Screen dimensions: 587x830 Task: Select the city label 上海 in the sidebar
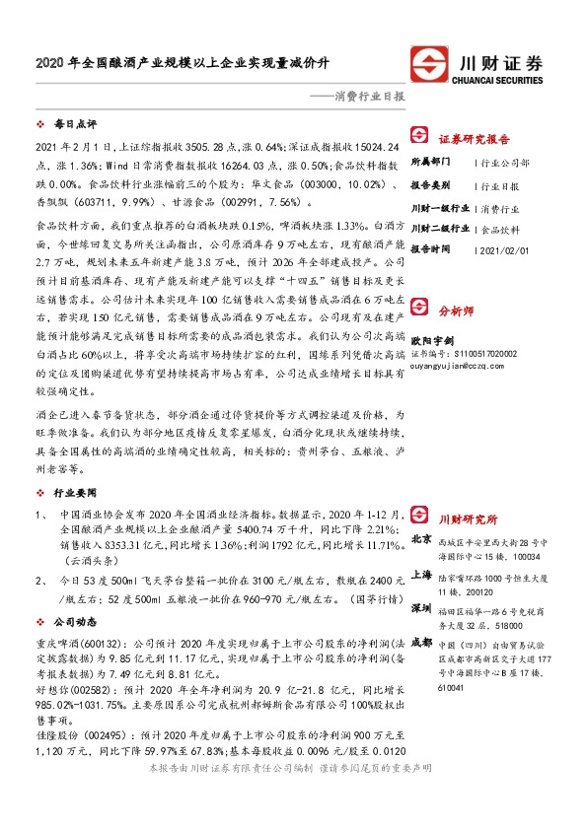point(420,575)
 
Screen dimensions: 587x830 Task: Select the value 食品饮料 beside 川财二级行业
point(500,228)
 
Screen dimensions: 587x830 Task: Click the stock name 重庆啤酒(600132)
point(67,645)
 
